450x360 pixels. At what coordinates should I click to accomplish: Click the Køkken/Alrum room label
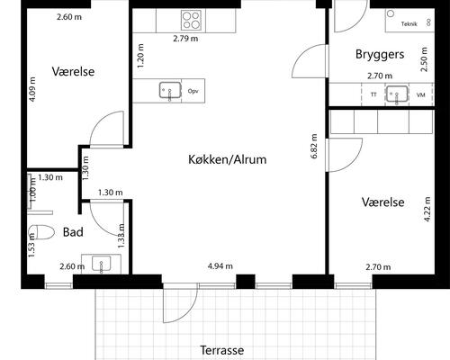tap(229, 159)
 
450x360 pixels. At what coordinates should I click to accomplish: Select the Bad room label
tap(73, 232)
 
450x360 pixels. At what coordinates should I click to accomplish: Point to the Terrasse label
tap(221, 350)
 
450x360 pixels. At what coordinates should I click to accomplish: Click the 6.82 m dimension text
tap(314, 146)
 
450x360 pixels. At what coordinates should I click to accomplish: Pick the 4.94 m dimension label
tap(220, 266)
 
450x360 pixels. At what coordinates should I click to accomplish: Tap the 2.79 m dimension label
tap(186, 39)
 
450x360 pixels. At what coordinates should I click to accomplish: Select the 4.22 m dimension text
tap(427, 220)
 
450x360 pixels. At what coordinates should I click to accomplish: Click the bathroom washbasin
tap(100, 263)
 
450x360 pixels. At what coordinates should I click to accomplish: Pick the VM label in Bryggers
tap(420, 94)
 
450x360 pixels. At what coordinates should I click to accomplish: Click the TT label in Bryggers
tap(373, 94)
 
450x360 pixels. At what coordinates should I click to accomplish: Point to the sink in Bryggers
tap(396, 94)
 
